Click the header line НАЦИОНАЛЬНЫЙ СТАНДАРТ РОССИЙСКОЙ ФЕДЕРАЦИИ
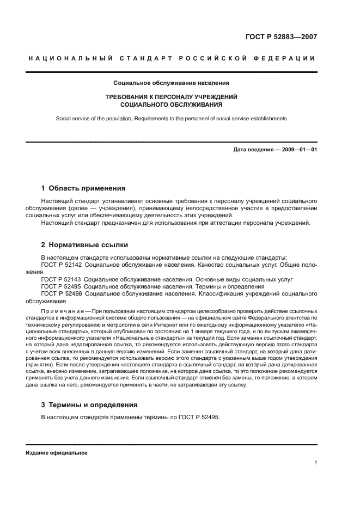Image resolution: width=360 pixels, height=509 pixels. point(172,59)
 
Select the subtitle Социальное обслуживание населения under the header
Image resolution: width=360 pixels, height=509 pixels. point(171,83)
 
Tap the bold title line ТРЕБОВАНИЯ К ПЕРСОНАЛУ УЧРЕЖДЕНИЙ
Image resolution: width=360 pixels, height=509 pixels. point(171,96)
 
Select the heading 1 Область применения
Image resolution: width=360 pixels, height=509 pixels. point(83,188)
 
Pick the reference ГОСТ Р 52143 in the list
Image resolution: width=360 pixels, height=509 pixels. point(61,279)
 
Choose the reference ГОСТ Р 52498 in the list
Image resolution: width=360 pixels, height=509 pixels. point(61,293)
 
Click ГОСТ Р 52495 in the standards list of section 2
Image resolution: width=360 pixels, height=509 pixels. point(61,286)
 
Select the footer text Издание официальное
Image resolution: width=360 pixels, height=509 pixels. point(56,453)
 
